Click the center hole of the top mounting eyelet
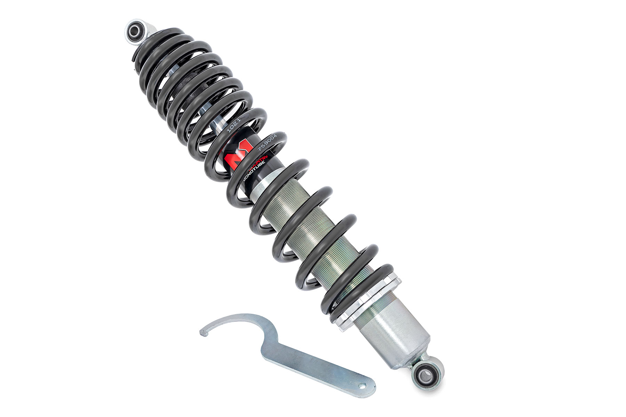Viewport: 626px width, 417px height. pyautogui.click(x=133, y=30)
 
